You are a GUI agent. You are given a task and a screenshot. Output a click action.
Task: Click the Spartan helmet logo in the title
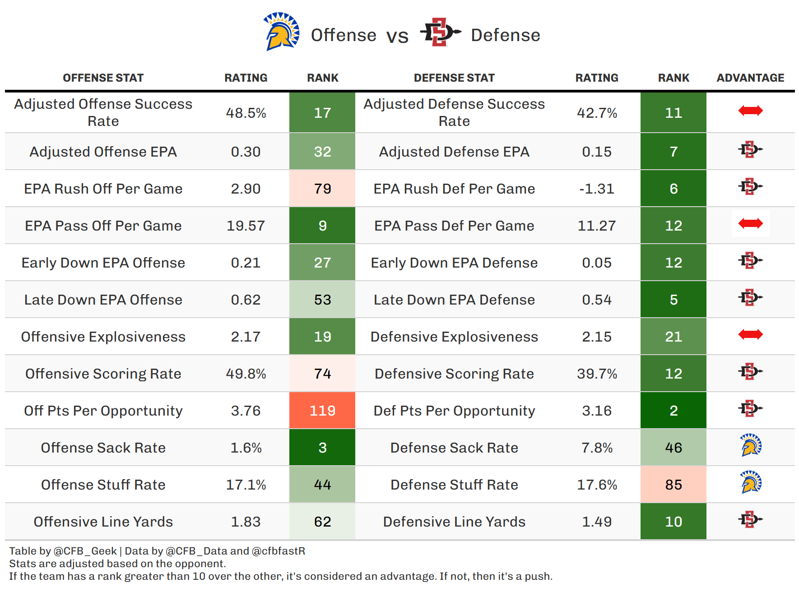281,32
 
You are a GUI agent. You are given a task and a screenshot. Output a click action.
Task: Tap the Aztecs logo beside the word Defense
440,32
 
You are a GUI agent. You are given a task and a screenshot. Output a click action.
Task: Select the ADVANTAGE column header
750,78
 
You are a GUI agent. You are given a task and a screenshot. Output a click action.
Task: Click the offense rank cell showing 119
322,411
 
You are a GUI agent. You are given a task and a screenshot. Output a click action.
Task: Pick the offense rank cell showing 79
322,189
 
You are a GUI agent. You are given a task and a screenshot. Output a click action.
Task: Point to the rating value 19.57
246,226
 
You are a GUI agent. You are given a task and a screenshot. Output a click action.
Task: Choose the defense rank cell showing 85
673,485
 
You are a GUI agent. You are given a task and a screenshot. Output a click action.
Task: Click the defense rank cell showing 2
673,411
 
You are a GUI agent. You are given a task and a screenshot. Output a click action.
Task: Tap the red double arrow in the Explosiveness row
750,334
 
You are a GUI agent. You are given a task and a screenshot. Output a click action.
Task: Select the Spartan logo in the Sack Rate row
751,445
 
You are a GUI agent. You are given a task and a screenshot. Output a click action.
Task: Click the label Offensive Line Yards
103,522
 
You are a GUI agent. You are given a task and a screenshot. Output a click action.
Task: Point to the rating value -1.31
597,189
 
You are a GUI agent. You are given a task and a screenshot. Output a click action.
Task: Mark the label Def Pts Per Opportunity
454,411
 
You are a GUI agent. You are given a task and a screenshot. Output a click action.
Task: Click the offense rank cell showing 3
322,448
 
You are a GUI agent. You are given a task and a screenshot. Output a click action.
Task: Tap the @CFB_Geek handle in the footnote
85,551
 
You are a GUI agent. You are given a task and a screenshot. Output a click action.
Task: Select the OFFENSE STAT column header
103,78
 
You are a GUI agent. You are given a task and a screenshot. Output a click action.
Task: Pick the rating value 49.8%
246,374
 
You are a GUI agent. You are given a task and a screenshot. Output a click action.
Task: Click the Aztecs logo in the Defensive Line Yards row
750,519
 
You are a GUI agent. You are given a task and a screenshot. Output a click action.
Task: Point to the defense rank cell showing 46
673,448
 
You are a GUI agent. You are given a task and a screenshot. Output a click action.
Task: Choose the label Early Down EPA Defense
454,263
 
